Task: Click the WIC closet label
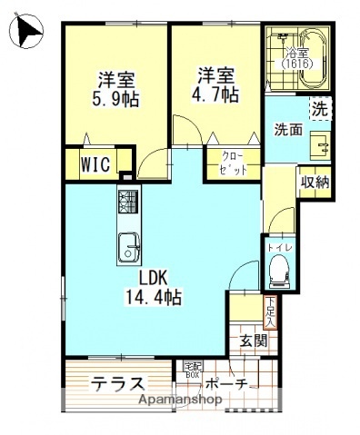(95, 165)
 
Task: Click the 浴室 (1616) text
(294, 59)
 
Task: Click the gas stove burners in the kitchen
(127, 203)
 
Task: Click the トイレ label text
(279, 246)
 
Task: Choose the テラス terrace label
(118, 382)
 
